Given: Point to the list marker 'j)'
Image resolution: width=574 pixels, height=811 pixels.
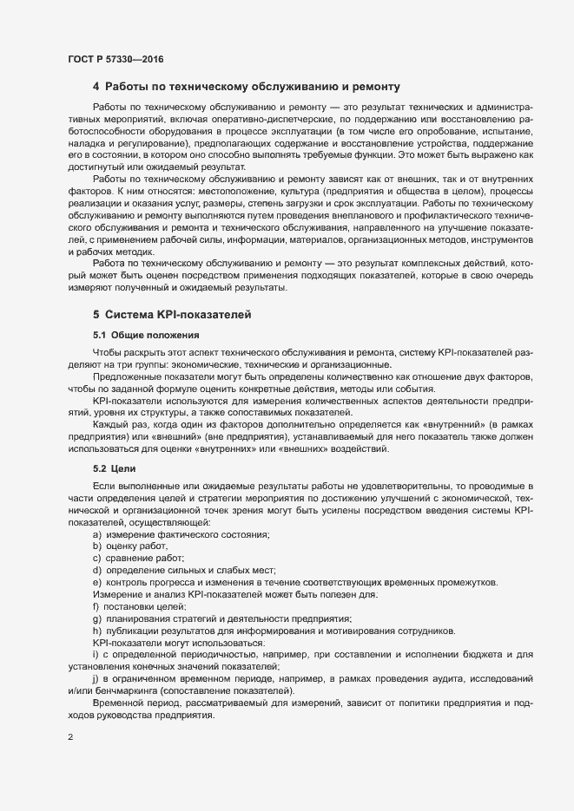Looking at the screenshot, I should (96, 676).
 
